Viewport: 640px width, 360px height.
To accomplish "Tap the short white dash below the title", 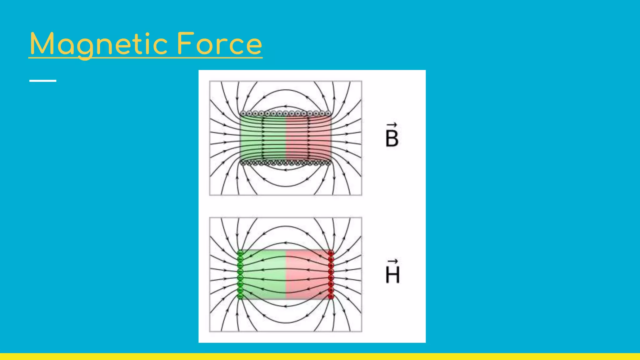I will coord(43,81).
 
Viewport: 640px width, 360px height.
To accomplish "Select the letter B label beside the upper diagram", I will coord(392,138).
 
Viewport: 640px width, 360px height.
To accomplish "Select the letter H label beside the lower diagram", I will coord(392,275).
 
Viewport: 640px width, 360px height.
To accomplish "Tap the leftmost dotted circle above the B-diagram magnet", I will coord(243,113).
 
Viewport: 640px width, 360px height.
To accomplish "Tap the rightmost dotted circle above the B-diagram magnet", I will coord(328,113).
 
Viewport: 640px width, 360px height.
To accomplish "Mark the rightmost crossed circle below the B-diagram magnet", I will coord(328,163).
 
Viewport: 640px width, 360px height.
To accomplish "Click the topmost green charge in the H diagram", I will coord(240,253).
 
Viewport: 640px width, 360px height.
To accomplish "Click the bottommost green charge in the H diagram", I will coord(240,296).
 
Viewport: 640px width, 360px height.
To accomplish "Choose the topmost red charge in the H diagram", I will coord(331,253).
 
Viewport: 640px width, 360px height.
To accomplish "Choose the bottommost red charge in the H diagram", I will coord(331,296).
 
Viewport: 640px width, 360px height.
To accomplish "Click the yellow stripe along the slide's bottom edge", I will coord(320,357).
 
